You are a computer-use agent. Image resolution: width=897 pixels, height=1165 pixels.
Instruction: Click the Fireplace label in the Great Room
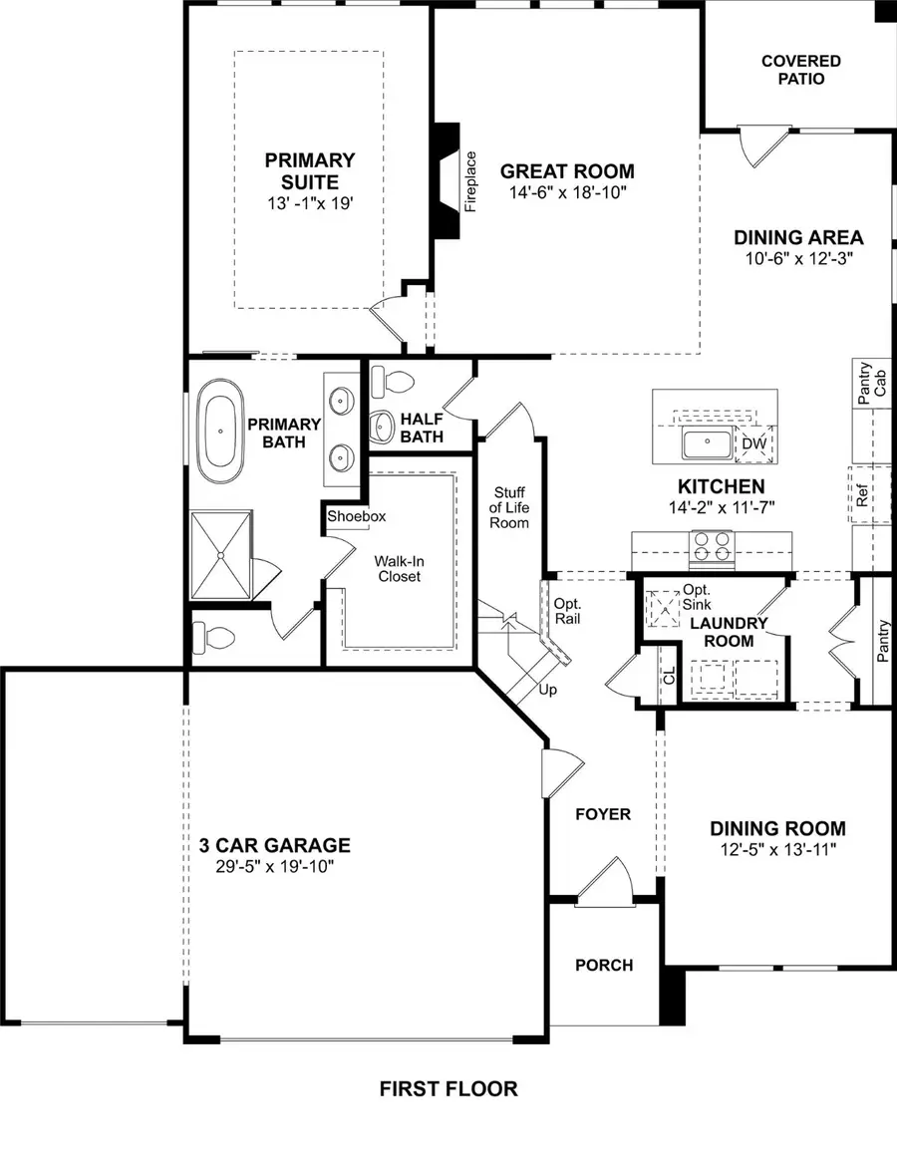471,181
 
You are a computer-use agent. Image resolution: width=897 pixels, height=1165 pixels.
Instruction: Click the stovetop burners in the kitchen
712,545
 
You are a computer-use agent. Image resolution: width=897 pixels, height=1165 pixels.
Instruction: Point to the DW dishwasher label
753,442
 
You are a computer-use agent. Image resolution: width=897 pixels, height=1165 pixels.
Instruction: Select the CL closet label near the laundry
667,677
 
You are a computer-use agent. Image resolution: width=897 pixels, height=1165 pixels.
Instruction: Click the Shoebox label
357,516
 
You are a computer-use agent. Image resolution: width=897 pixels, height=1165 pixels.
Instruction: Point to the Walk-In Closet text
398,568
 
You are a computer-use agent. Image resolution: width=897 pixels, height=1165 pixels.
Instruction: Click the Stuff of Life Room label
508,507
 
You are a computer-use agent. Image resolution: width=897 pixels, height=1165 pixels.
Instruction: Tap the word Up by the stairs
547,690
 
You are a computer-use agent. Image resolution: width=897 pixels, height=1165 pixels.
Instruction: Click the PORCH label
603,965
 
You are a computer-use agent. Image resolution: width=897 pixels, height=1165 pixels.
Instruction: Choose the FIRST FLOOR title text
448,1088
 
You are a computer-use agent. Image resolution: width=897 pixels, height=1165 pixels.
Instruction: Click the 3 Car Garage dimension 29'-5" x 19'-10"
274,866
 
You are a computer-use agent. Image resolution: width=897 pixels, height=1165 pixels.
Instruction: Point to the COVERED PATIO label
800,70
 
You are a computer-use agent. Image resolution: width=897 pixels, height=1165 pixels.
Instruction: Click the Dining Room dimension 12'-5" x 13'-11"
777,849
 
